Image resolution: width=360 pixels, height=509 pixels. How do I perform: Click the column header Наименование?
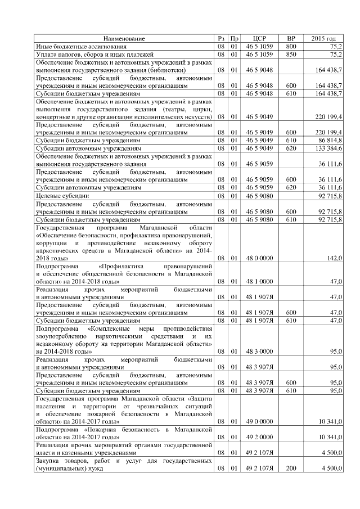(x=124, y=38)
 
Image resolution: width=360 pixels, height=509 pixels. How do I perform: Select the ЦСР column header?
(x=259, y=38)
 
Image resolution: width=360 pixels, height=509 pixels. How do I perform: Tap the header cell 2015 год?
(x=323, y=38)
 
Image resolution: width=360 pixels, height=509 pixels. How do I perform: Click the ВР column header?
(x=291, y=38)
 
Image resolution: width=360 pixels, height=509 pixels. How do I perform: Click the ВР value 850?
(x=291, y=55)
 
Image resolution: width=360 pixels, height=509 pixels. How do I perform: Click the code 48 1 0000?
(x=259, y=281)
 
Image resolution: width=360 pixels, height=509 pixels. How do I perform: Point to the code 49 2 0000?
(x=259, y=436)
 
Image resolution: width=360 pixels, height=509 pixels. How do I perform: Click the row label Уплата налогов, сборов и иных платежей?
(x=94, y=55)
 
